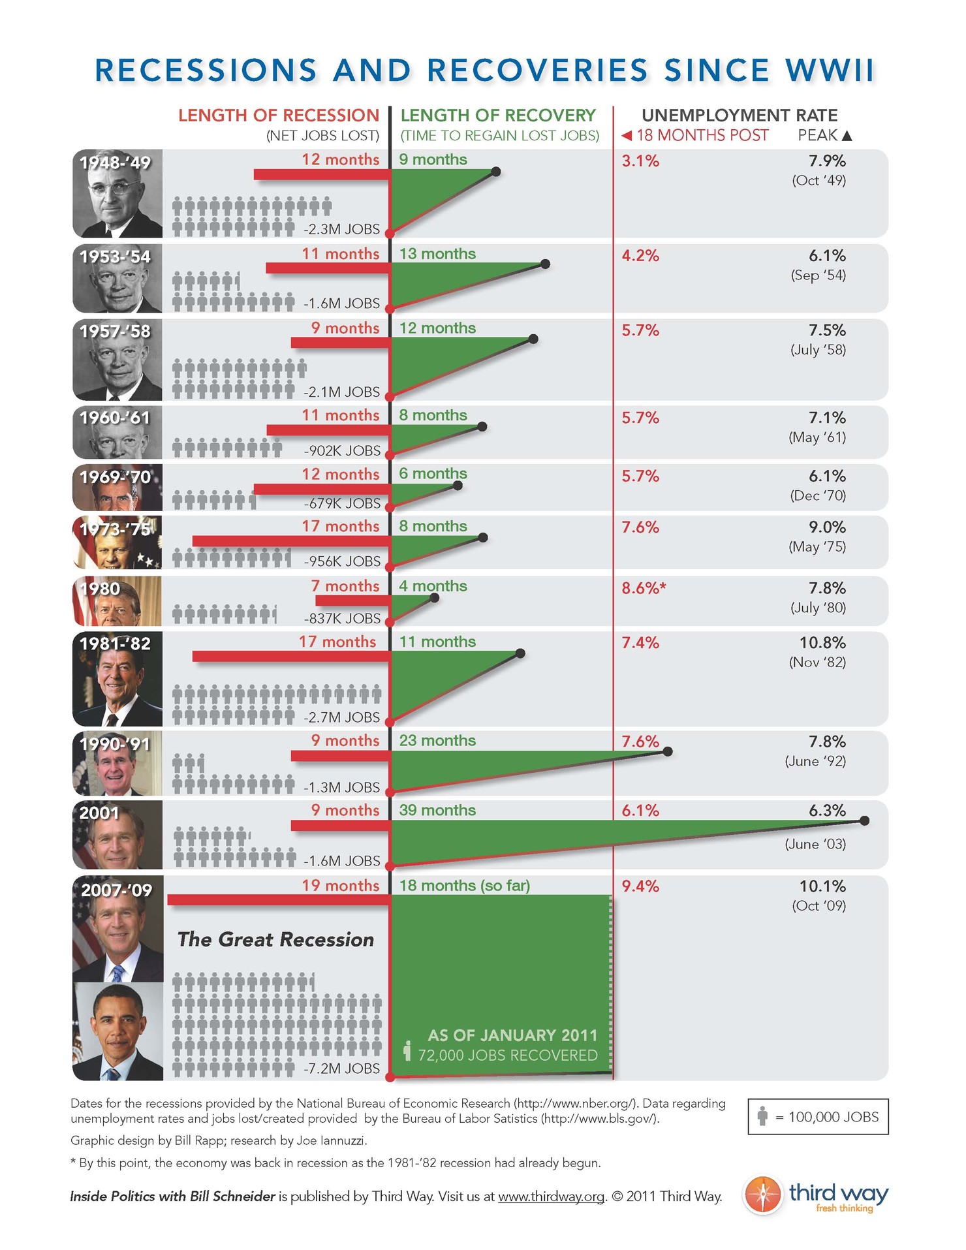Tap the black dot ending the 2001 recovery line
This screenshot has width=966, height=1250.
(864, 820)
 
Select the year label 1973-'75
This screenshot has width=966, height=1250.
(116, 529)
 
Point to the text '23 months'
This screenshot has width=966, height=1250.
(437, 740)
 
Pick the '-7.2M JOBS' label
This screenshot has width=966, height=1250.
(341, 1069)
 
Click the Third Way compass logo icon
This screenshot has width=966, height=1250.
(762, 1195)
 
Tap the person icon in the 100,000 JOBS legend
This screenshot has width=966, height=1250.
(762, 1116)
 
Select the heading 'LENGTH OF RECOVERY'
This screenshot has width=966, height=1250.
(497, 116)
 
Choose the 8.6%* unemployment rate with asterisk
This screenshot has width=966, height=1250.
(644, 588)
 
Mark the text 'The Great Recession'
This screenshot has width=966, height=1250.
(275, 939)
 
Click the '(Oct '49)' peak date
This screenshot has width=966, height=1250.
(818, 180)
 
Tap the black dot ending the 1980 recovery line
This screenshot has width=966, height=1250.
(435, 597)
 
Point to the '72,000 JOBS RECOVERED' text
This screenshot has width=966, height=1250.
(507, 1055)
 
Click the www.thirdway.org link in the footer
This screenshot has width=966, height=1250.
(551, 1196)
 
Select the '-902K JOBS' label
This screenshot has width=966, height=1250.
(341, 450)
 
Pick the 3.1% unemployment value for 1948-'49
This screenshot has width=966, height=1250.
(640, 161)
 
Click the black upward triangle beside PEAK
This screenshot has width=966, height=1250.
(847, 136)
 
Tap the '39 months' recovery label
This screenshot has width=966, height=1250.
(437, 810)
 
